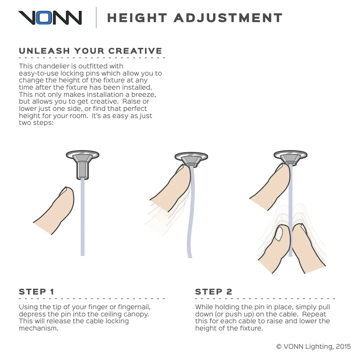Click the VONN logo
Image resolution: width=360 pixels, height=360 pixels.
pyautogui.click(x=50, y=17)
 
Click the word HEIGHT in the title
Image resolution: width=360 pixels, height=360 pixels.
pyautogui.click(x=137, y=18)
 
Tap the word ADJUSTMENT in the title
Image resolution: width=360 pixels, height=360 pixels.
pyautogui.click(x=228, y=18)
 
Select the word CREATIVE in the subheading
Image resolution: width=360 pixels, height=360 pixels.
pyautogui.click(x=135, y=51)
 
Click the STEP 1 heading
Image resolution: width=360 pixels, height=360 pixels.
pyautogui.click(x=36, y=292)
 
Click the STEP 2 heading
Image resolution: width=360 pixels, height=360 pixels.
pyautogui.click(x=213, y=292)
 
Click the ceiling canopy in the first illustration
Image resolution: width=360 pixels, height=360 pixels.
pyautogui.click(x=83, y=155)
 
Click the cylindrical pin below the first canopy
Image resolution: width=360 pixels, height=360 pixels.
pyautogui.click(x=83, y=171)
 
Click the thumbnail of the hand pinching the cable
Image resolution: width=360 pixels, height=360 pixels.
pyautogui.click(x=279, y=234)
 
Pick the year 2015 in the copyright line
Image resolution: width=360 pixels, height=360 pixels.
pyautogui.click(x=343, y=346)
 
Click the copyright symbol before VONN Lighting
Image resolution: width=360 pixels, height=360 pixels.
pyautogui.click(x=279, y=347)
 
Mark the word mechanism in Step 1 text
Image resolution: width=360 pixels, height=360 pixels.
pyautogui.click(x=39, y=328)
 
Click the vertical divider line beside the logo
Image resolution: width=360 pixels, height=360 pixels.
pyautogui.click(x=96, y=17)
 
